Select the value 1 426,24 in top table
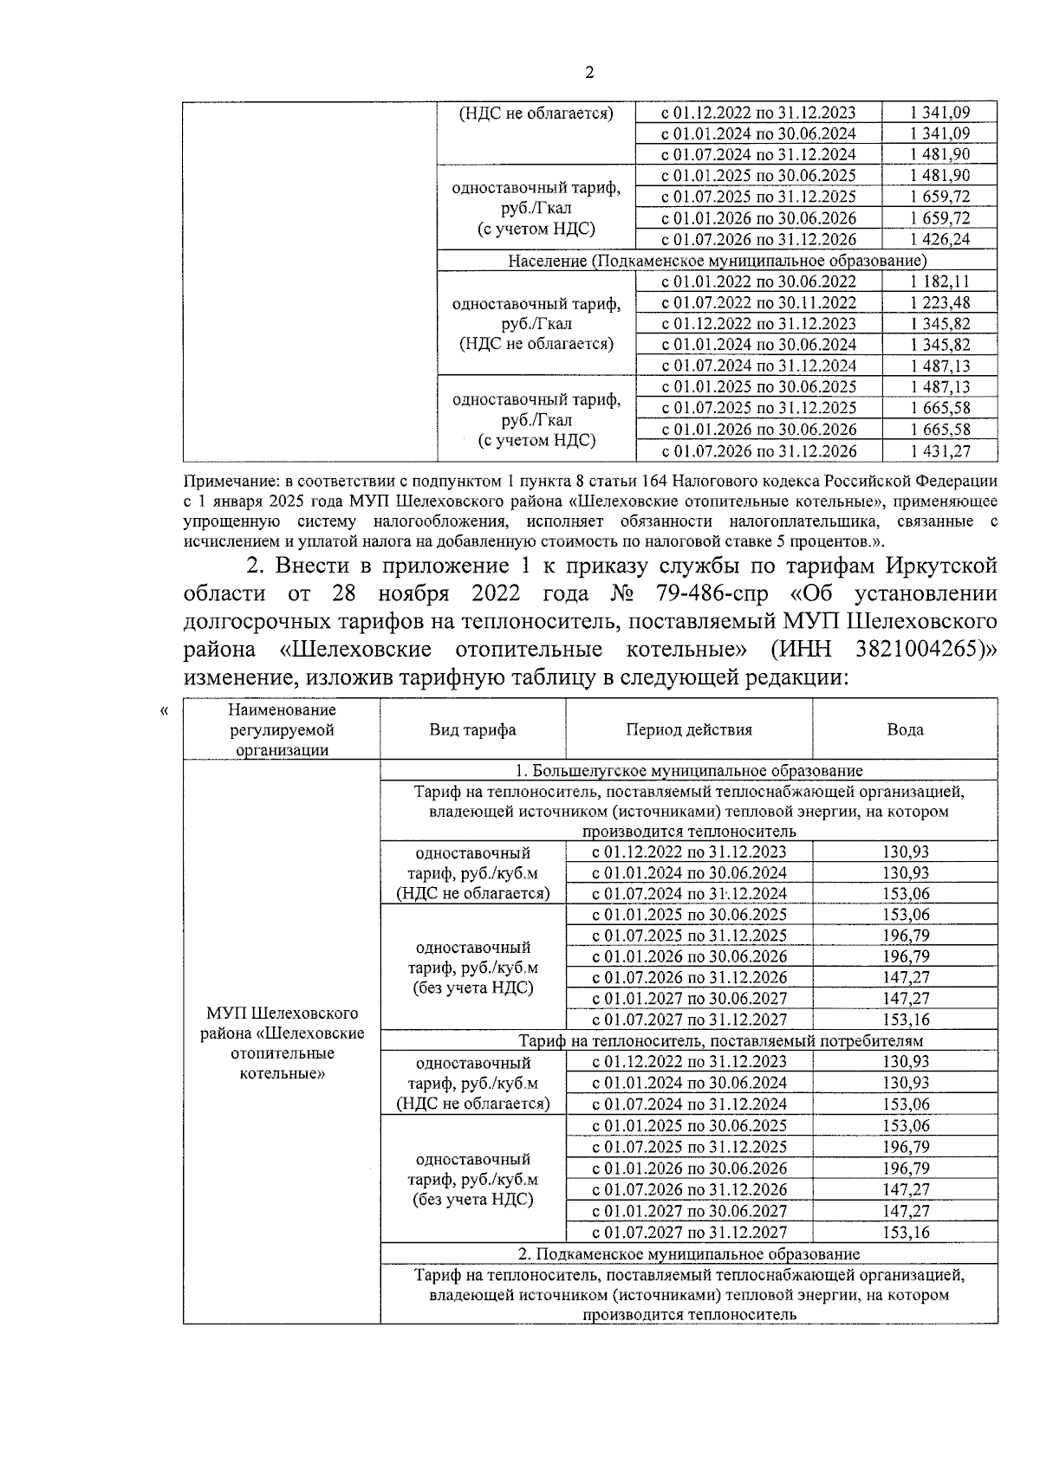coord(939,239)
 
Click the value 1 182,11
coord(939,282)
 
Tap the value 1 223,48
coord(939,302)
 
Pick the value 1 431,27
coord(939,450)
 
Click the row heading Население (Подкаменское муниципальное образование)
coord(717,261)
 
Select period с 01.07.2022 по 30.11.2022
coord(758,302)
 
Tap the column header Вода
coord(905,729)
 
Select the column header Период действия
coord(689,729)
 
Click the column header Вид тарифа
coord(472,729)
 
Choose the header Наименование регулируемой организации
coord(282,729)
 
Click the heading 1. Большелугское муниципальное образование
coord(689,770)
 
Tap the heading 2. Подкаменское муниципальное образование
coord(689,1253)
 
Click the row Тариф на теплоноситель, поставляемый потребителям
coord(720,1040)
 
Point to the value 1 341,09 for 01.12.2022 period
coord(939,113)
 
